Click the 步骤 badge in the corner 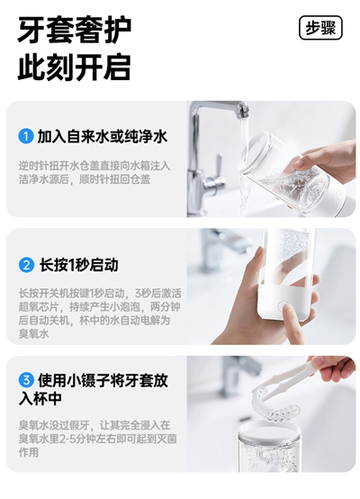coord(320,28)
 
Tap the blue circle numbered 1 coord(26,136)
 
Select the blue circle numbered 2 coord(26,265)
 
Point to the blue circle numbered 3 coord(26,380)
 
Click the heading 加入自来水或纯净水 coord(103,137)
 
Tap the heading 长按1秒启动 coord(78,265)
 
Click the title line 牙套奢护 coord(75,31)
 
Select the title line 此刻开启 coord(75,67)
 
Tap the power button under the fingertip coord(283,306)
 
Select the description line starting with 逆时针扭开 coord(94,166)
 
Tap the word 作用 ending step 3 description coord(29,452)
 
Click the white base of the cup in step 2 coord(285,303)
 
